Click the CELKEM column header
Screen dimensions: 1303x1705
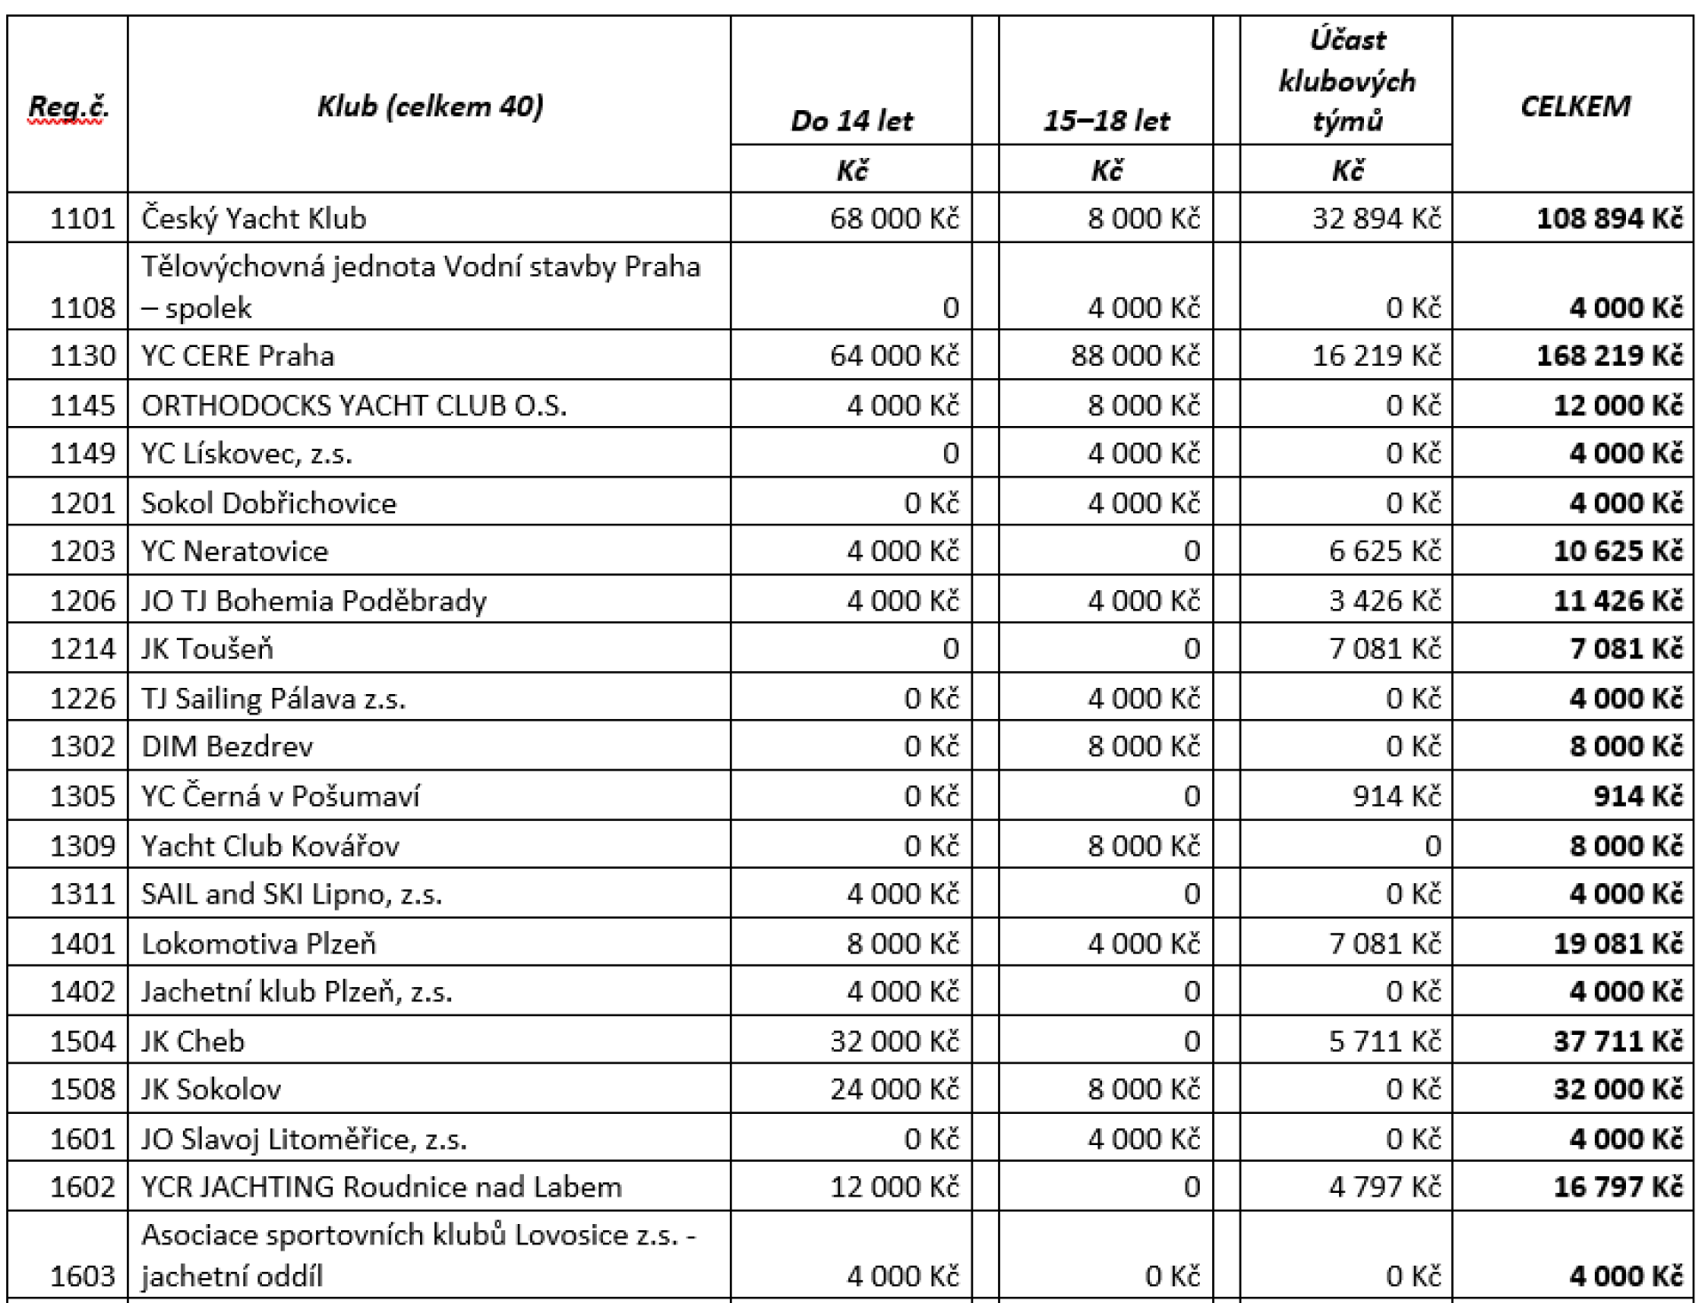tap(1574, 107)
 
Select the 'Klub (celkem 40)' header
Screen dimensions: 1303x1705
tap(430, 107)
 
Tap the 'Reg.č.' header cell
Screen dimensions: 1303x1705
tap(67, 107)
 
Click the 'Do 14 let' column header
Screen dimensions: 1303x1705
tap(852, 120)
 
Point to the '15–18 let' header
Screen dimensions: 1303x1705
tap(1106, 120)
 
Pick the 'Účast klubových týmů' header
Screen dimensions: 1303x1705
tap(1346, 81)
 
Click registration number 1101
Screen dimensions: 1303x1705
tap(83, 218)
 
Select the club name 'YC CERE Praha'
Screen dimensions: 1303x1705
tap(238, 356)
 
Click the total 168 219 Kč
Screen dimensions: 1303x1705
tap(1609, 356)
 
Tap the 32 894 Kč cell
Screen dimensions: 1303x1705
tap(1376, 218)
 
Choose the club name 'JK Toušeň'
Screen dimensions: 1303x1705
tap(208, 649)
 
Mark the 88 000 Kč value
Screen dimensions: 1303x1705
tap(1135, 356)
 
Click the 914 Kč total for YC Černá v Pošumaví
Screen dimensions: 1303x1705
tap(1637, 796)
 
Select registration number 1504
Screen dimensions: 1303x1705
tap(83, 1041)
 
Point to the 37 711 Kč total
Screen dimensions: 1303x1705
tap(1617, 1041)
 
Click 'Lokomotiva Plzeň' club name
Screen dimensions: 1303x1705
tap(259, 944)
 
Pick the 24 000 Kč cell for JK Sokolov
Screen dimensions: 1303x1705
tap(894, 1089)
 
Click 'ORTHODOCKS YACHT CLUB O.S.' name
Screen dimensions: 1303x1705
tap(353, 406)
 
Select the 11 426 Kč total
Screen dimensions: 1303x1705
tap(1617, 601)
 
